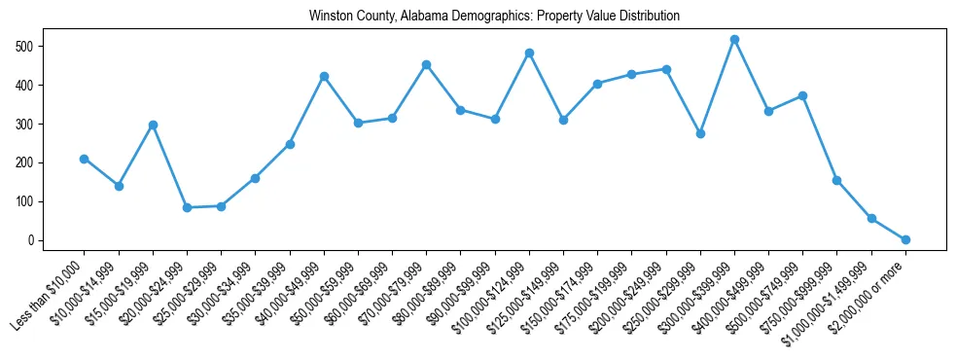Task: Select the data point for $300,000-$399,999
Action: point(734,40)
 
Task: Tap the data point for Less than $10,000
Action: point(85,159)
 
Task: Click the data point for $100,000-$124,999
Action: point(529,53)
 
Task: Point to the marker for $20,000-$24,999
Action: point(187,207)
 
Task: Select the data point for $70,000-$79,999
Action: point(426,64)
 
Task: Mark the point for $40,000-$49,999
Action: point(324,76)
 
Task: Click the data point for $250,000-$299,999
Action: point(700,133)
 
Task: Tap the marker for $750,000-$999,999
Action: point(836,180)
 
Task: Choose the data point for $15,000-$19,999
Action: point(153,125)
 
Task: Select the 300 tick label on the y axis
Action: point(49,124)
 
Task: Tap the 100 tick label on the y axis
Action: point(49,201)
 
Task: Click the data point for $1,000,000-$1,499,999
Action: point(871,218)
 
